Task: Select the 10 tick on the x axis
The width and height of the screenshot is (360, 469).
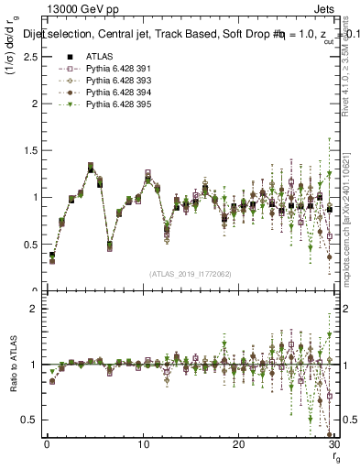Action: tap(143, 443)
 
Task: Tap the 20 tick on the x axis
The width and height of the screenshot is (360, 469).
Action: tap(238, 443)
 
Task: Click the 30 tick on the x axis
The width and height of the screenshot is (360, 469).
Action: tap(333, 443)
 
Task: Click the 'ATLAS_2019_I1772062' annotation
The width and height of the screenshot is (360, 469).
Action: tap(189, 273)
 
